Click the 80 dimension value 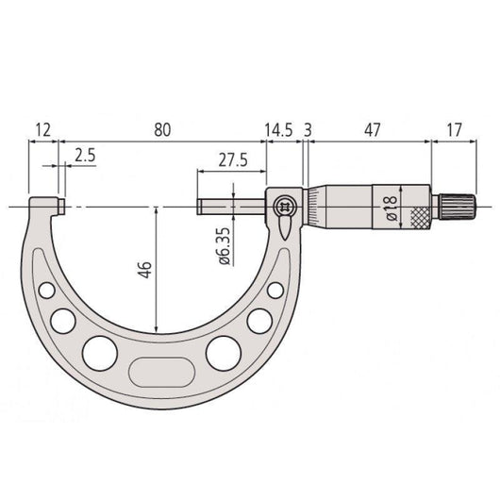pyautogui.click(x=162, y=130)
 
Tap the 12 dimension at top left pyautogui.click(x=42, y=130)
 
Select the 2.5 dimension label pyautogui.click(x=85, y=156)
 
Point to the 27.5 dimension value pyautogui.click(x=233, y=160)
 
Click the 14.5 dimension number pyautogui.click(x=278, y=130)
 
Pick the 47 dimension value pyautogui.click(x=372, y=130)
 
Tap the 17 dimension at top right pyautogui.click(x=454, y=130)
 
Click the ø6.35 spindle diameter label pyautogui.click(x=225, y=246)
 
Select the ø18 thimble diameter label pyautogui.click(x=391, y=208)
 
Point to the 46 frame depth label pyautogui.click(x=145, y=270)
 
